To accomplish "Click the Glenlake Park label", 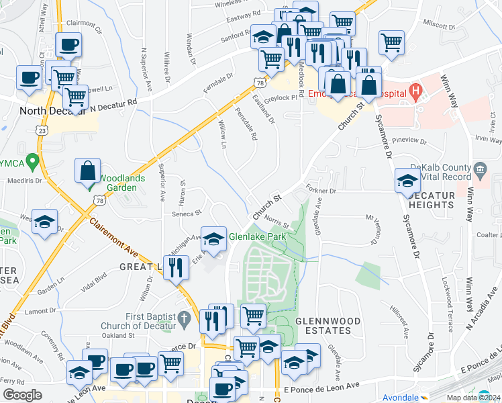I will pyautogui.click(x=258, y=237).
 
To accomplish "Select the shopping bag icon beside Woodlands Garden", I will pyautogui.click(x=88, y=171).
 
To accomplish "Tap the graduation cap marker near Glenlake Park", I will pyautogui.click(x=213, y=239).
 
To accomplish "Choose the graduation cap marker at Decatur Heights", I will pyautogui.click(x=407, y=181).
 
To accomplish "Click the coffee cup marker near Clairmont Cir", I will pyautogui.click(x=68, y=46).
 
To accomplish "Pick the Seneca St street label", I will pyautogui.click(x=188, y=213).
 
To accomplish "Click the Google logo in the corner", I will pyautogui.click(x=22, y=395).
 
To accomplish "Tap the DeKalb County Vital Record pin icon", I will pyautogui.click(x=480, y=168).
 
